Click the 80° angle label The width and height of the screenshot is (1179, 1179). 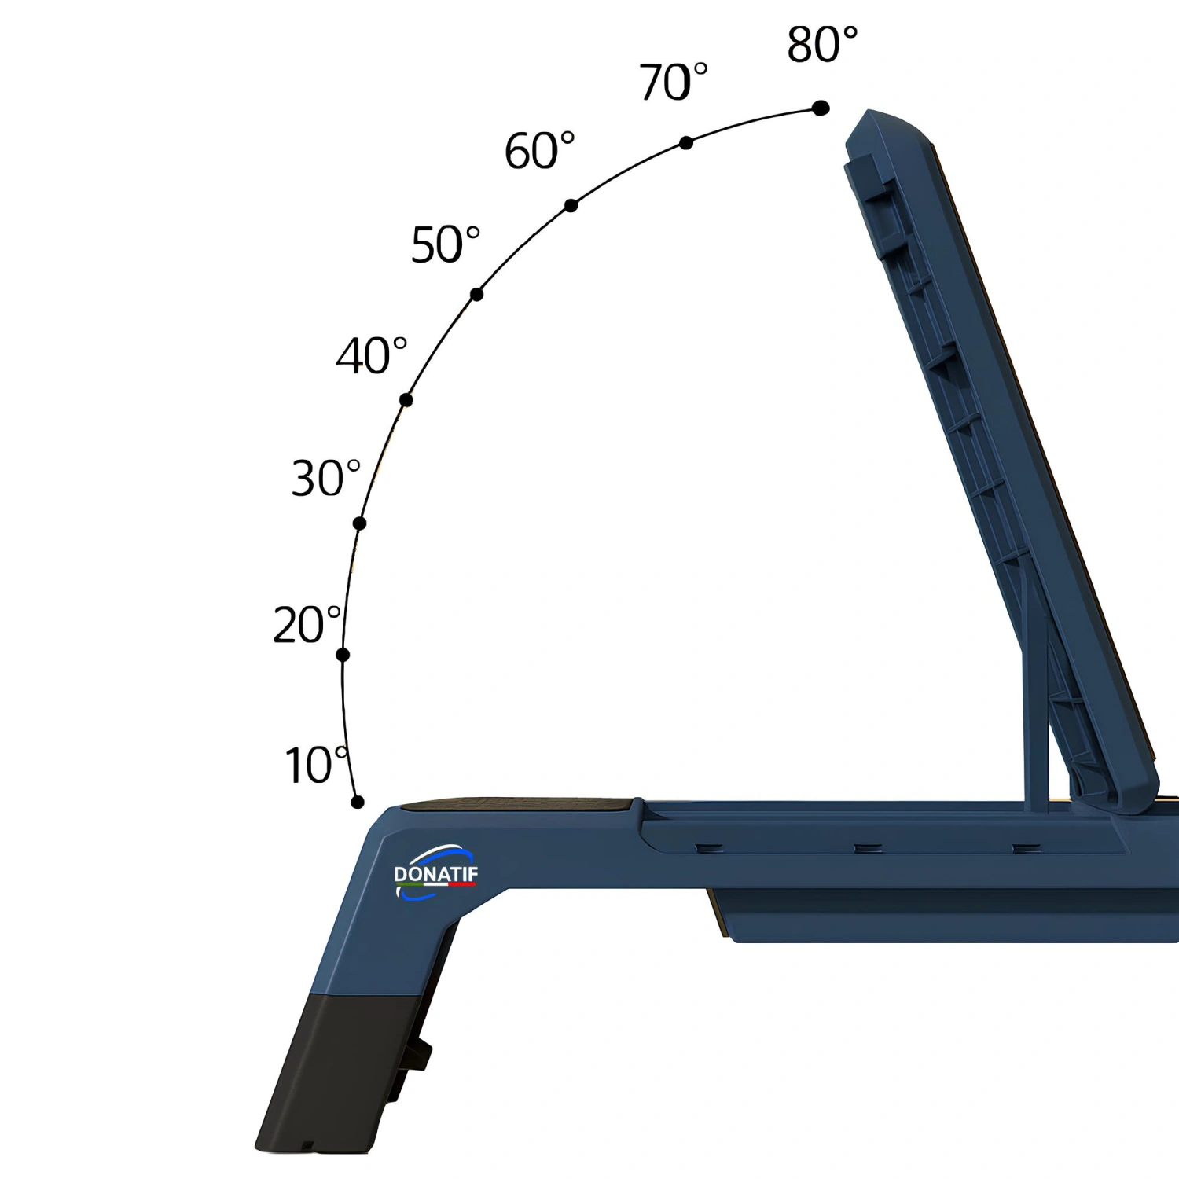click(x=822, y=44)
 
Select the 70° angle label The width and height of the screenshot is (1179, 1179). click(x=673, y=82)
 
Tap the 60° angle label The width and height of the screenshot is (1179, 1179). click(x=539, y=150)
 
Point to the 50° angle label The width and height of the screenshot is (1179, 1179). click(x=445, y=244)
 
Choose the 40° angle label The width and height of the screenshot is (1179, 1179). click(x=371, y=355)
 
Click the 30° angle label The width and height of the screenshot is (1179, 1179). click(x=326, y=478)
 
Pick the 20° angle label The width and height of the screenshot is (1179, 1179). click(x=307, y=625)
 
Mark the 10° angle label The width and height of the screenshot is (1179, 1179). click(x=317, y=765)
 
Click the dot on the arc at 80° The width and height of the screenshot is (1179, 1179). click(x=820, y=108)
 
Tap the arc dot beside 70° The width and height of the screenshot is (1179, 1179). click(x=686, y=142)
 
